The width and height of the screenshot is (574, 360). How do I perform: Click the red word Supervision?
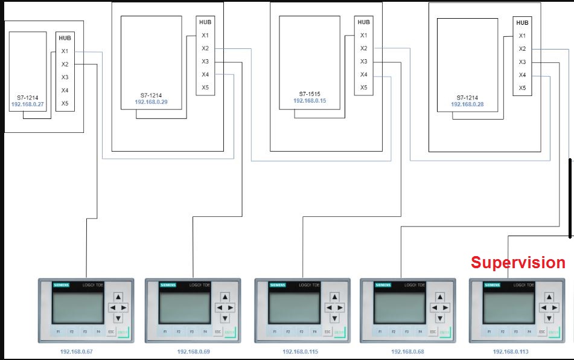(x=518, y=263)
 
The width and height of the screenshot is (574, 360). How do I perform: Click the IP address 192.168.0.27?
(x=27, y=104)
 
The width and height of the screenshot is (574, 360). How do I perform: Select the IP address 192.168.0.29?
(x=151, y=102)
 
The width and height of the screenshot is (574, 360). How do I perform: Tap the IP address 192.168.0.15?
(x=310, y=101)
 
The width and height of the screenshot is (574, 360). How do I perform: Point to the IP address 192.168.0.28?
(x=467, y=104)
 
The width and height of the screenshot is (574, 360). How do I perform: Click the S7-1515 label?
(x=310, y=94)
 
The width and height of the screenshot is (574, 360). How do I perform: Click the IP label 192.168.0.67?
(x=77, y=352)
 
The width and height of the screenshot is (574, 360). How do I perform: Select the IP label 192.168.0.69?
(x=193, y=352)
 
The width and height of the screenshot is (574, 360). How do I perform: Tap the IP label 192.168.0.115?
(x=299, y=352)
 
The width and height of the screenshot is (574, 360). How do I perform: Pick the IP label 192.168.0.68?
(x=407, y=352)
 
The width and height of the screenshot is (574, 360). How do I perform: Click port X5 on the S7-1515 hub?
(x=363, y=88)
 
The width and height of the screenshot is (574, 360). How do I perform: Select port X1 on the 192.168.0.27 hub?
(x=65, y=51)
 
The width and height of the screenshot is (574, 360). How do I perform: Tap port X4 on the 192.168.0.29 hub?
(x=205, y=74)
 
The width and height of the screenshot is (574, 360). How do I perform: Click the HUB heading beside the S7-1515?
(x=363, y=22)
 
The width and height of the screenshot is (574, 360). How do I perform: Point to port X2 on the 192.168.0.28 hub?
(x=522, y=49)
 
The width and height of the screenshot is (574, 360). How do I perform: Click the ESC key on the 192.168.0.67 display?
(x=111, y=332)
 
